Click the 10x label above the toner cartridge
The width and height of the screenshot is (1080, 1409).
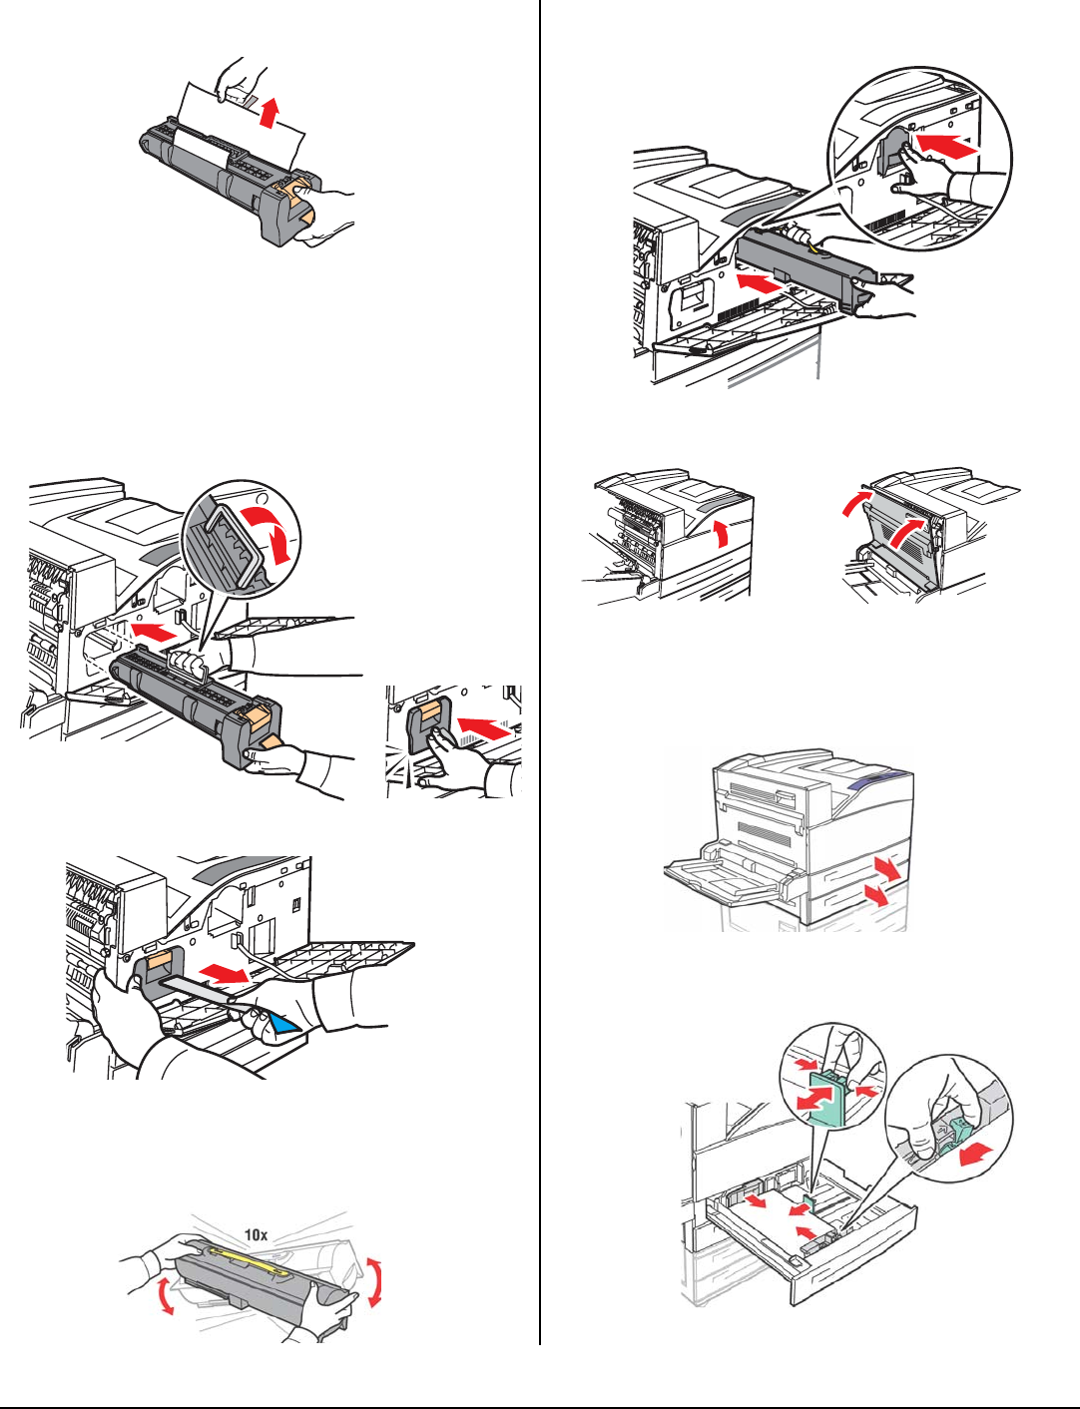[257, 1234]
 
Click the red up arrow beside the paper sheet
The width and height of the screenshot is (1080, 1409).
[267, 110]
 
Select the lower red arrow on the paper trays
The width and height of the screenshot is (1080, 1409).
[876, 896]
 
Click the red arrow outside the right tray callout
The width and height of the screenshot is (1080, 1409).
[976, 1154]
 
